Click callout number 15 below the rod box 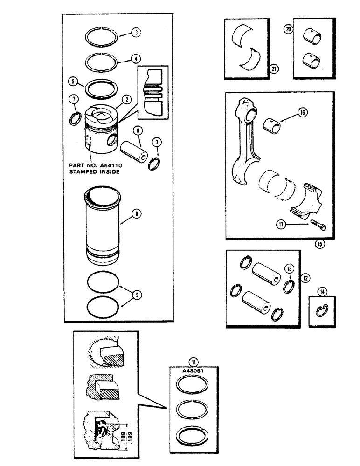[319, 243]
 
